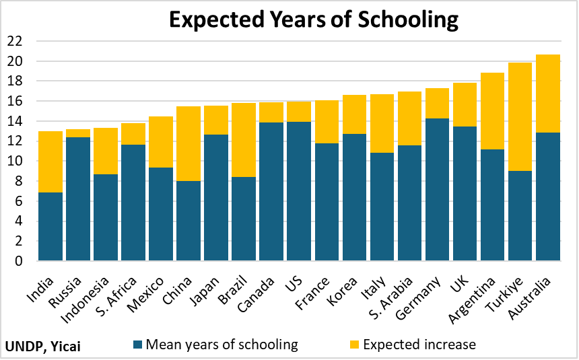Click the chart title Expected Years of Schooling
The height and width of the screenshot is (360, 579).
point(313,20)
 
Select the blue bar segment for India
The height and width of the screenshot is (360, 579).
point(50,226)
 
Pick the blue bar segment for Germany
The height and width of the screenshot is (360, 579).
point(437,189)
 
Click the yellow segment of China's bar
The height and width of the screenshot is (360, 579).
point(189,143)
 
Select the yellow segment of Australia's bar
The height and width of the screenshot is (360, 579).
point(547,94)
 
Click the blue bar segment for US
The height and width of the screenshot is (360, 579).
point(299,191)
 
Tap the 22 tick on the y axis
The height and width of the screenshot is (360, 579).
point(15,42)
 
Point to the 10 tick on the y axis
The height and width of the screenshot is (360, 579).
point(15,161)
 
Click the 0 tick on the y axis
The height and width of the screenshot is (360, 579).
point(18,261)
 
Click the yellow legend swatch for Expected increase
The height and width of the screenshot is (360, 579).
point(354,345)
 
